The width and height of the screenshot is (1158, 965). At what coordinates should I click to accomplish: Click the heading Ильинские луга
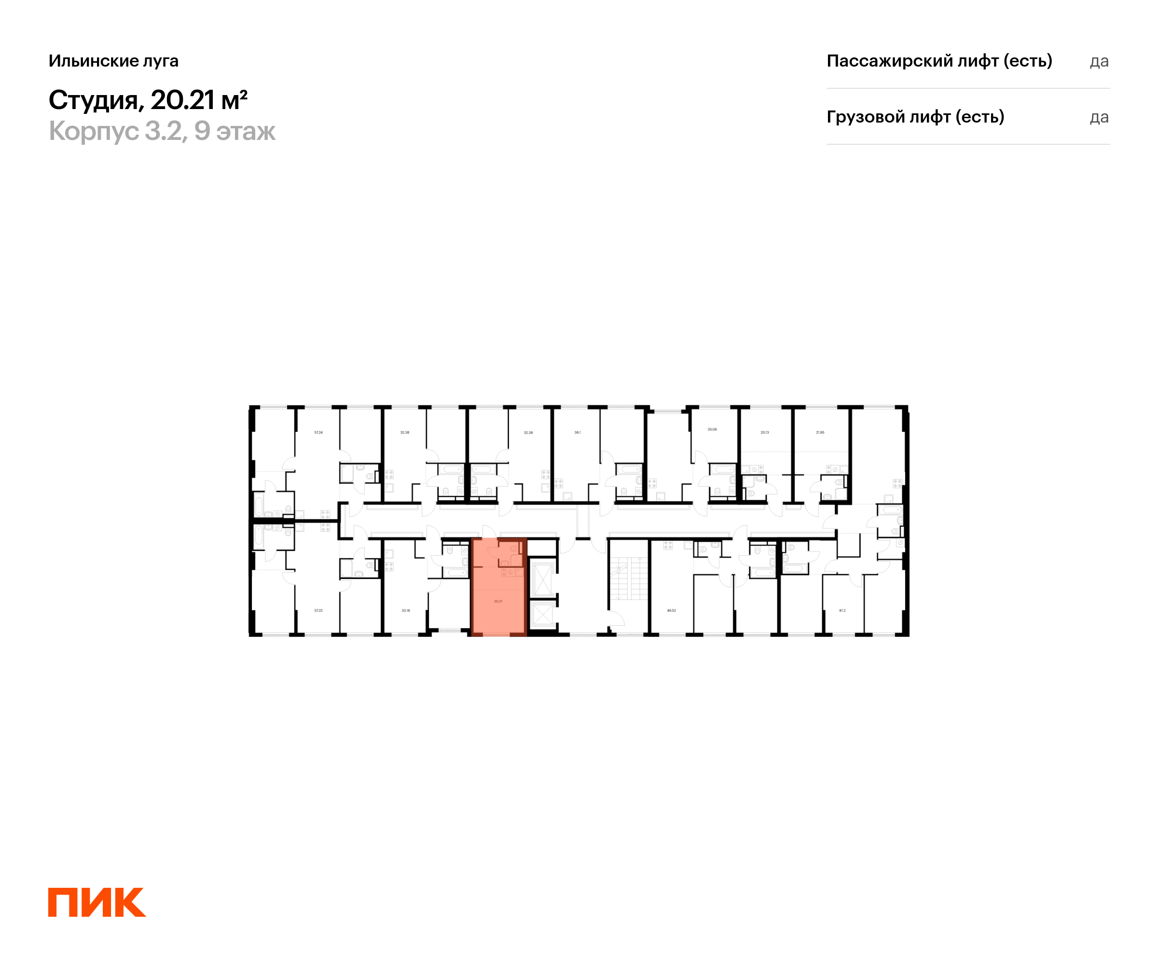(113, 61)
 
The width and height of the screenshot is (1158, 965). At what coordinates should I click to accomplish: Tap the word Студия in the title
(93, 100)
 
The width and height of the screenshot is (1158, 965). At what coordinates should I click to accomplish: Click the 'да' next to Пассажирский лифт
(1099, 61)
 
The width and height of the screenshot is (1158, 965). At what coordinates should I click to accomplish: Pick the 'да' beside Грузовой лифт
(1099, 117)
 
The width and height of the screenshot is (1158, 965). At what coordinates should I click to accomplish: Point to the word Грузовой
(861, 117)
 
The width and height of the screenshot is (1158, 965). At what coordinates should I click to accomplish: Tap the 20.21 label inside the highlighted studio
(498, 601)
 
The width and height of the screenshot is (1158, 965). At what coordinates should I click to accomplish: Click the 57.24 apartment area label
(318, 432)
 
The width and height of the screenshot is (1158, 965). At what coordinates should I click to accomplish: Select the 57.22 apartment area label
(318, 610)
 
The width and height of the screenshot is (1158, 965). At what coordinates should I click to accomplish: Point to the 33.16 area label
(406, 610)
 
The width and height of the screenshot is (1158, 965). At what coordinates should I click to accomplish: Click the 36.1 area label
(578, 432)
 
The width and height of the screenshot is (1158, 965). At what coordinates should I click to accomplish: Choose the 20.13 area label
(764, 432)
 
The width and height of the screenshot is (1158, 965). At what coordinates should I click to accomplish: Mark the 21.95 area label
(820, 432)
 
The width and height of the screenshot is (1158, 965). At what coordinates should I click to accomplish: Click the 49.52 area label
(671, 610)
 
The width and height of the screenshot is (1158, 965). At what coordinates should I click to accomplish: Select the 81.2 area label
(842, 610)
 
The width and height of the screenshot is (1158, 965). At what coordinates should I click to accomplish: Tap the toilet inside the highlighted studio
(514, 549)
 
